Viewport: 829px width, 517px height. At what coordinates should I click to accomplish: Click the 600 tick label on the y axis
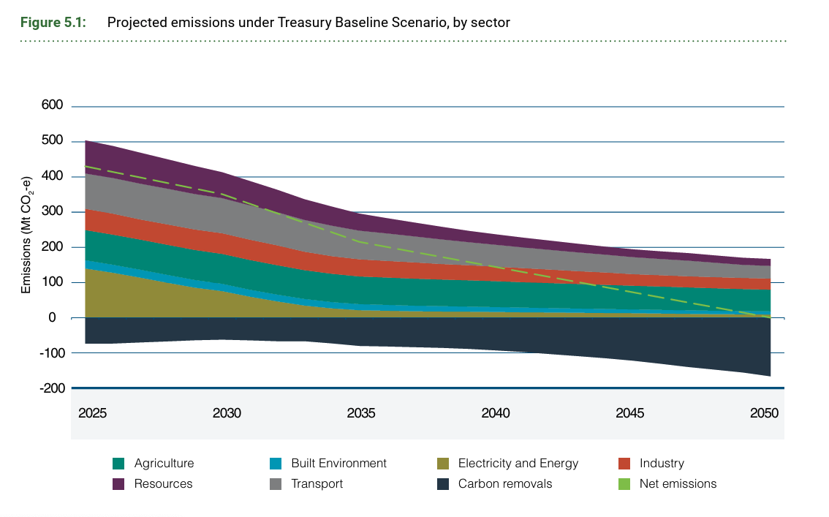(x=52, y=106)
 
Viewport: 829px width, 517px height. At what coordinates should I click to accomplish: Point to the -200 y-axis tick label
(x=50, y=388)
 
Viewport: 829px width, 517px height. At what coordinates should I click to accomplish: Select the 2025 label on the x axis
(x=93, y=413)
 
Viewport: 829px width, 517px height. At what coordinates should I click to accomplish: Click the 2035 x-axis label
(x=361, y=413)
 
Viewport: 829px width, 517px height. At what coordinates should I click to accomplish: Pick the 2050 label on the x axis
(x=765, y=413)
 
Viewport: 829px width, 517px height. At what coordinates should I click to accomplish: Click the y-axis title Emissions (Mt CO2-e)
(x=26, y=235)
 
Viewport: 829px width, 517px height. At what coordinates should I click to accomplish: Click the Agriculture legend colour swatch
(x=118, y=464)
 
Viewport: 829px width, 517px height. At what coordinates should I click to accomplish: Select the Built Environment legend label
(x=338, y=464)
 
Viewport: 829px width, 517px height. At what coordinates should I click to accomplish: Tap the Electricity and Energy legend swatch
(x=442, y=464)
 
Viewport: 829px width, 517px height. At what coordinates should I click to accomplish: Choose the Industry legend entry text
(x=662, y=464)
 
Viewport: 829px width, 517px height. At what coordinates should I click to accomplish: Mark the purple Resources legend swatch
(x=118, y=484)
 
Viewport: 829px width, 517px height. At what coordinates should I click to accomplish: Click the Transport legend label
(x=317, y=484)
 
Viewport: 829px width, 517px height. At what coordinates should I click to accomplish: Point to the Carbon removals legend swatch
(x=442, y=484)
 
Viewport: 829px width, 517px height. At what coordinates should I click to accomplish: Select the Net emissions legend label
(x=678, y=484)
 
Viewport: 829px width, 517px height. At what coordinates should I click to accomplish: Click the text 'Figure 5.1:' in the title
(x=53, y=22)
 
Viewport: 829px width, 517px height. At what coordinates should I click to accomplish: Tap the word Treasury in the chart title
(x=305, y=22)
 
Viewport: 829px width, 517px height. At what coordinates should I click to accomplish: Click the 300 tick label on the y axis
(x=52, y=212)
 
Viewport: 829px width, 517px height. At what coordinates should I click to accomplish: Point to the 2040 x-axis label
(x=496, y=413)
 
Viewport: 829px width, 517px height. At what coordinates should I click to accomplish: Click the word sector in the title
(x=492, y=22)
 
